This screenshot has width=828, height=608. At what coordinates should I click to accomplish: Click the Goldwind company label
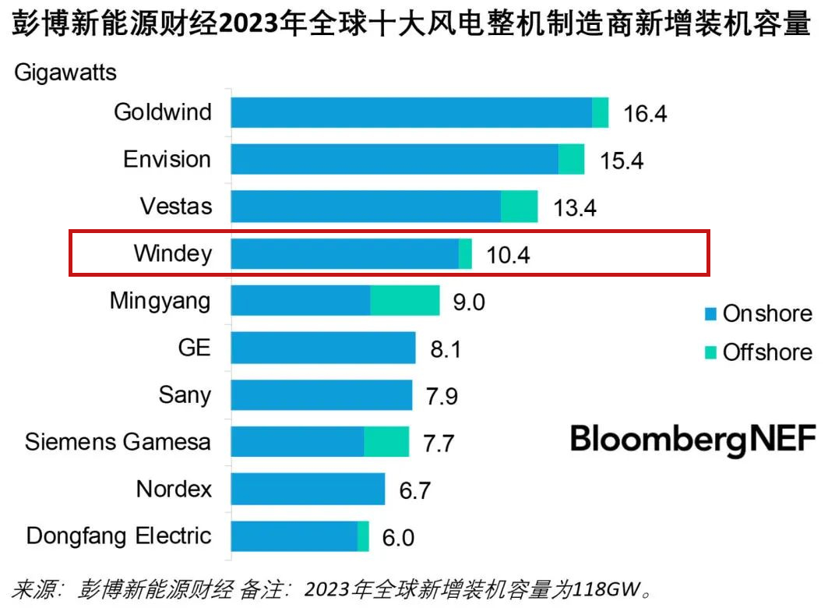(x=162, y=112)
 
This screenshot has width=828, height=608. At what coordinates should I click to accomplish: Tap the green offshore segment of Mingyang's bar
(x=404, y=300)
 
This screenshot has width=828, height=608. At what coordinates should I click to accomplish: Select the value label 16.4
(x=645, y=114)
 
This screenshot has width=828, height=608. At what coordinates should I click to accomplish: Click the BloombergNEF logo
(x=693, y=439)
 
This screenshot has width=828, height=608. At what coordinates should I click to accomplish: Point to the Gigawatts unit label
(x=65, y=73)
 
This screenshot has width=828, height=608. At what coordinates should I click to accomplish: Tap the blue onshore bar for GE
(x=323, y=348)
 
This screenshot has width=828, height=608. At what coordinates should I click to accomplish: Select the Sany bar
(x=322, y=394)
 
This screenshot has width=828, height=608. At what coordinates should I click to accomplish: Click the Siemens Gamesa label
(x=118, y=442)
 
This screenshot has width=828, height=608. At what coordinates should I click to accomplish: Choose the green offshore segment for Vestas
(x=519, y=207)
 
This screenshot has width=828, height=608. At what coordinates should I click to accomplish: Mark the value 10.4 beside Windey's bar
(x=508, y=255)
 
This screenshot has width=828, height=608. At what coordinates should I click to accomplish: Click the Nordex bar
(x=308, y=489)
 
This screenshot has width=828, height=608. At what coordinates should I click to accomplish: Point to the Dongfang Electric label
(x=118, y=536)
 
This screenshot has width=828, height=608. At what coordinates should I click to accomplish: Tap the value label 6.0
(x=397, y=537)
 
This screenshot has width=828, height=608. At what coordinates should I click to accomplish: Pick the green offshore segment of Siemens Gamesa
(x=386, y=442)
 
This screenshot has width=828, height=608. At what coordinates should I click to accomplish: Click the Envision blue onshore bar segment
(x=395, y=159)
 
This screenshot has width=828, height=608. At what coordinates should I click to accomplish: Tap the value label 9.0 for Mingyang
(x=468, y=302)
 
